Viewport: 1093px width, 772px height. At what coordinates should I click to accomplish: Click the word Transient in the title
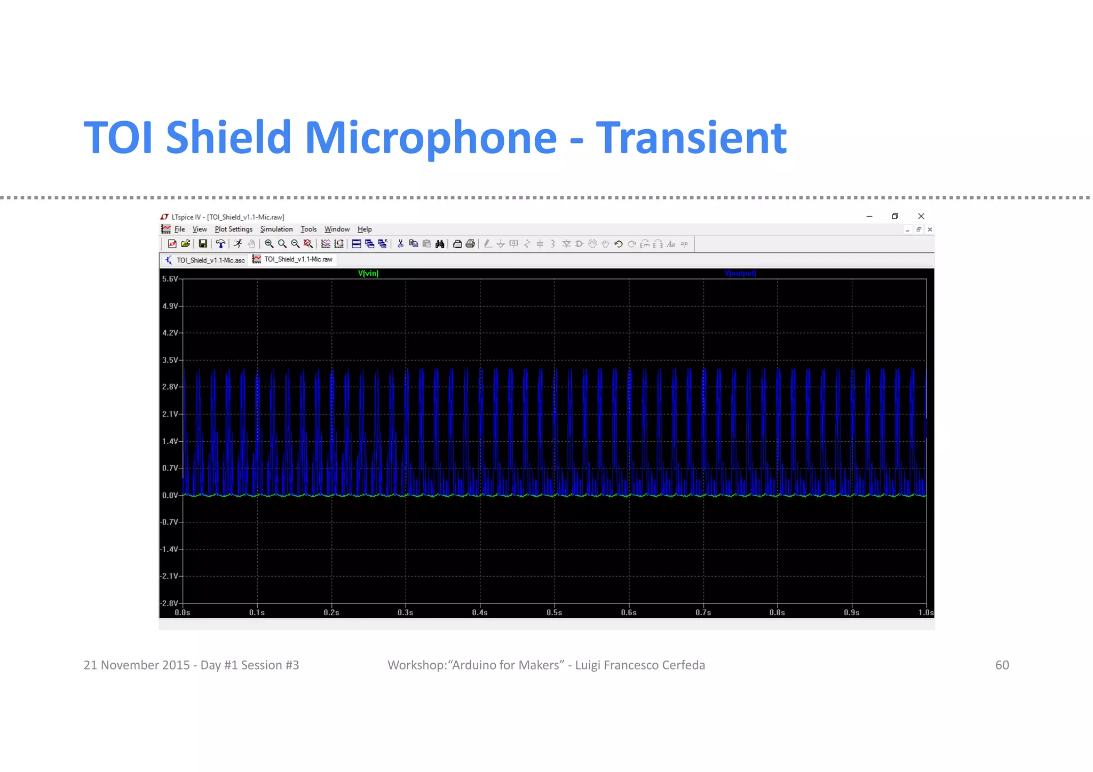click(691, 138)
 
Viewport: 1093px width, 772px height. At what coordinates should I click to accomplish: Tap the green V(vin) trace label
click(368, 273)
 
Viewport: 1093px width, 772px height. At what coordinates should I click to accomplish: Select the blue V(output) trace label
click(740, 273)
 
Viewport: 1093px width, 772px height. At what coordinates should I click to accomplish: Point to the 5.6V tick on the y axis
click(170, 279)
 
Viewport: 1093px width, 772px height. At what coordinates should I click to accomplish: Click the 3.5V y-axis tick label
click(170, 360)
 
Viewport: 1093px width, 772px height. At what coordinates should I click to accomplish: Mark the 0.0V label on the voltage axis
click(170, 496)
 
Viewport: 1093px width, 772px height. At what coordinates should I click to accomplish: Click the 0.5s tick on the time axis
click(554, 612)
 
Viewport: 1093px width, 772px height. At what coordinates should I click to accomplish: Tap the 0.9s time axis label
click(851, 612)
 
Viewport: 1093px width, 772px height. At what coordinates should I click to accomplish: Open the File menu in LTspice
click(179, 229)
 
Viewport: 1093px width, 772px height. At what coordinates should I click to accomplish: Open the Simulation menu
click(276, 229)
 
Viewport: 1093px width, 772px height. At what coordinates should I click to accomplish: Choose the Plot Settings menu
click(233, 229)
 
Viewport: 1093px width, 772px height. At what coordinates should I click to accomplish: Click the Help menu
click(365, 229)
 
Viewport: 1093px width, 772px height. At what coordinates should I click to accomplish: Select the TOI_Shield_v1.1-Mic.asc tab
click(210, 260)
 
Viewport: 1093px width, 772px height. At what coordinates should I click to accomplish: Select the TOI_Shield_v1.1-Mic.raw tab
click(298, 259)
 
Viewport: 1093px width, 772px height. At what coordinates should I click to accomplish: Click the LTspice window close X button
click(921, 216)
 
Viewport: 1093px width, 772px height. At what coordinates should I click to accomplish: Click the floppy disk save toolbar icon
click(203, 244)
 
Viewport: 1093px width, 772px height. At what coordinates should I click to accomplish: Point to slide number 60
click(1002, 665)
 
